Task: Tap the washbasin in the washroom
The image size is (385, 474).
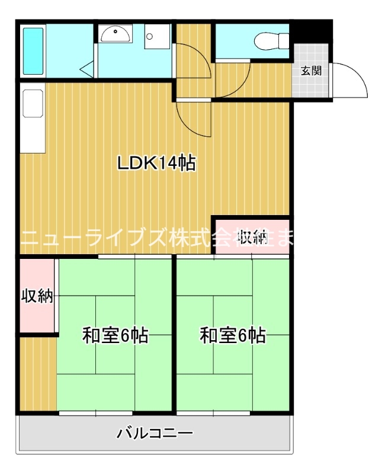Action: [115, 34]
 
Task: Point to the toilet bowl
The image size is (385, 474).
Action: [270, 41]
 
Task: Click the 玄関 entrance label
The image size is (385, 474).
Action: [311, 71]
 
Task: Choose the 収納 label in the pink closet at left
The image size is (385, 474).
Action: [37, 295]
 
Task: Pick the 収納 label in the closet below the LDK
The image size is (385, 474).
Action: [252, 237]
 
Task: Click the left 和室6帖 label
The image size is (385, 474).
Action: [114, 336]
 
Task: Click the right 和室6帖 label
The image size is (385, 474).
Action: [232, 336]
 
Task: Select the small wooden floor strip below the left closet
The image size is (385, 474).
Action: [37, 373]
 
